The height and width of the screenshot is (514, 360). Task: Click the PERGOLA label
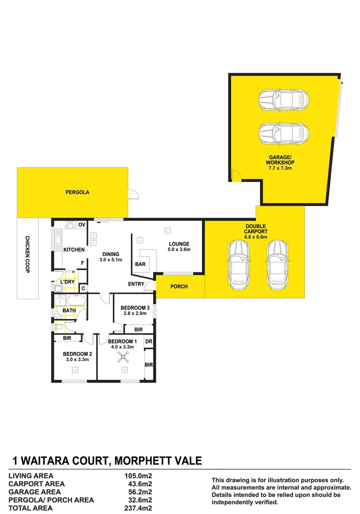click(x=78, y=193)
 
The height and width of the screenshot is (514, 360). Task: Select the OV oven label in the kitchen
click(x=82, y=225)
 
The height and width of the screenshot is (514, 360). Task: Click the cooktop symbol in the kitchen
click(x=70, y=225)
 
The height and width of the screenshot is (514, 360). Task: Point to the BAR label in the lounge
click(x=140, y=264)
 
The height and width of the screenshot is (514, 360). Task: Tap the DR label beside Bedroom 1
click(x=148, y=342)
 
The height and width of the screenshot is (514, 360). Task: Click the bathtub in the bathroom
click(x=76, y=301)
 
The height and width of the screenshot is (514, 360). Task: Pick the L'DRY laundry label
click(x=67, y=282)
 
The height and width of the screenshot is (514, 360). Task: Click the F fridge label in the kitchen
click(x=82, y=263)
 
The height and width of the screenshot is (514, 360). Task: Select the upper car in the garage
click(x=283, y=100)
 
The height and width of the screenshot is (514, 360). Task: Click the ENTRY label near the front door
click(x=136, y=284)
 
